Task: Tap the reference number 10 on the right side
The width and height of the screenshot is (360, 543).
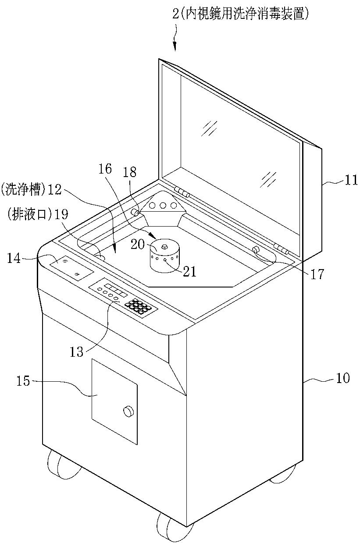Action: pos(343,378)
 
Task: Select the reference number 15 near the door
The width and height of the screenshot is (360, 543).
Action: pos(23,381)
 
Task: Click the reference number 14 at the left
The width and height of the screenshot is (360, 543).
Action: pos(14,258)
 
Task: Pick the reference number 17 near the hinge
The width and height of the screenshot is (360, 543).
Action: pos(317,274)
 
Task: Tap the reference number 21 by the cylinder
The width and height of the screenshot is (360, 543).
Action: pos(189,271)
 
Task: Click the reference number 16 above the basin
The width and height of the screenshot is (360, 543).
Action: pos(105,169)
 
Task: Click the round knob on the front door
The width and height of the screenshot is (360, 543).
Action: pos(128,412)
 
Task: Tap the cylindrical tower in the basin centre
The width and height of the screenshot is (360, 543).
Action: pos(164,256)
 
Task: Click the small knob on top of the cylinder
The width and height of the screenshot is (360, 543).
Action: pos(164,247)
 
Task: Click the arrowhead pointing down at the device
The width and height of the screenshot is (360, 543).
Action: pos(175,46)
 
